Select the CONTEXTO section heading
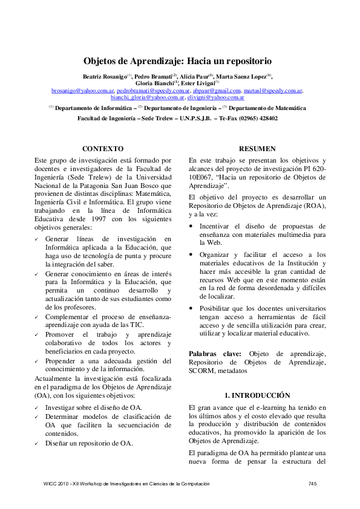103,148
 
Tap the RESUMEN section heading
257,148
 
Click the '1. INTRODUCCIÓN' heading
257,395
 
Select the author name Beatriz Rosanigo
103,76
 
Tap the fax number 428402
264,118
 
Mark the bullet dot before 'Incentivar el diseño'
192,225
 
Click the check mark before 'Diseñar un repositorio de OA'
37,443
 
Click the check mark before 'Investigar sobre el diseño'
37,408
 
